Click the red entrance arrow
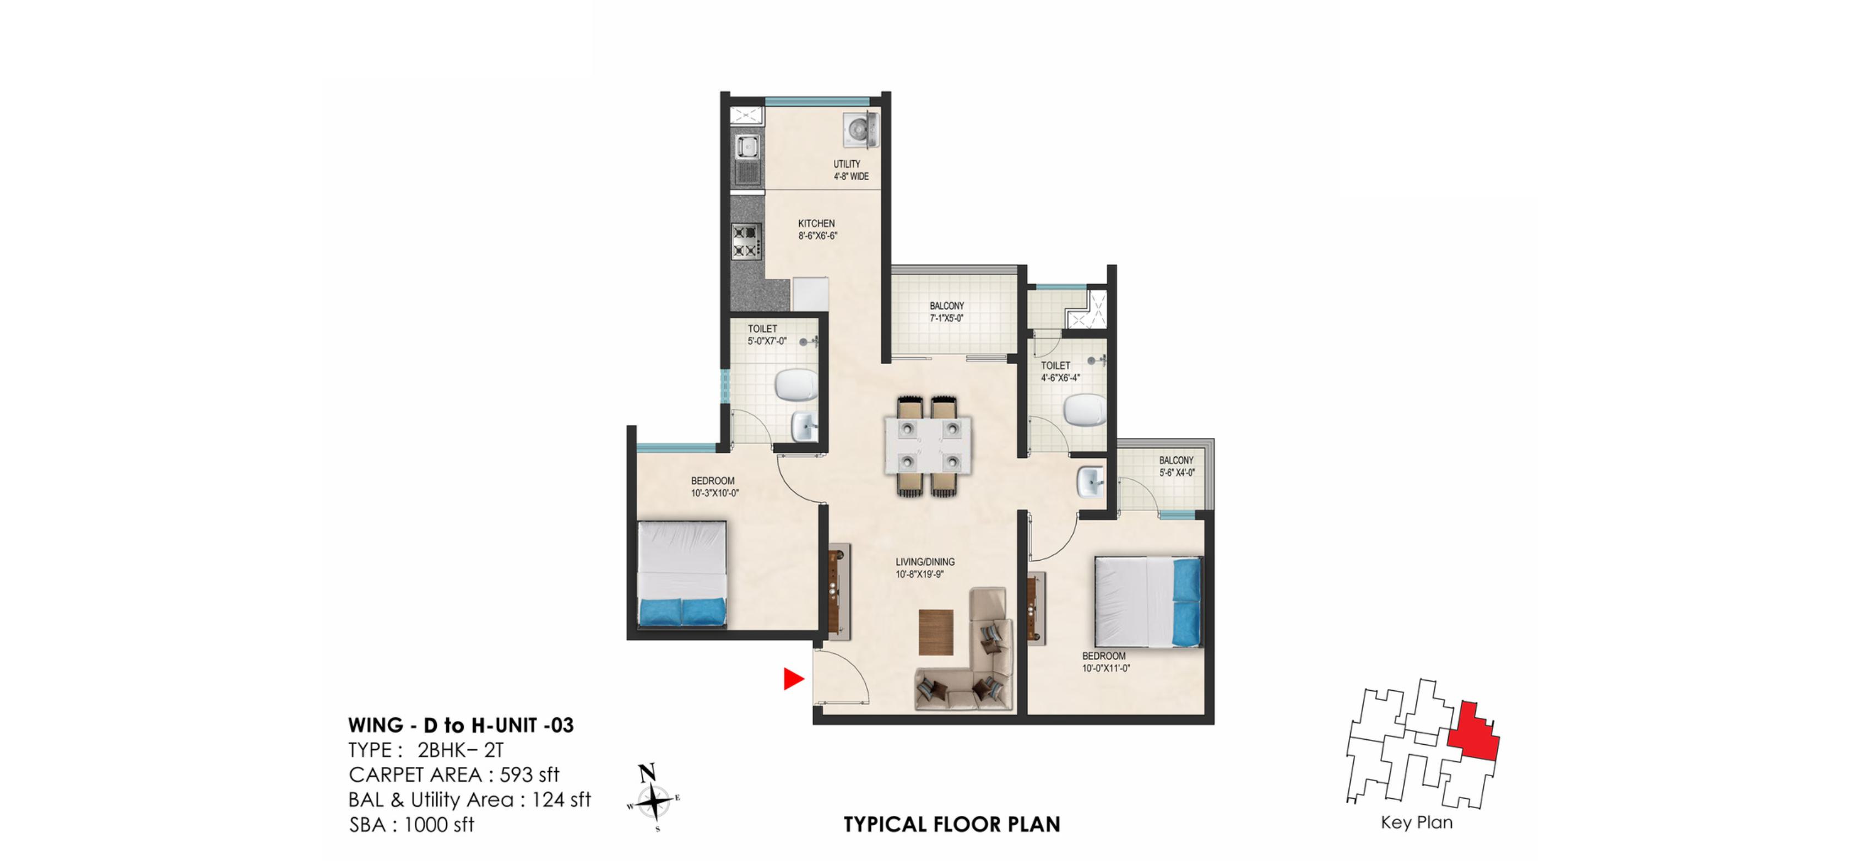point(793,679)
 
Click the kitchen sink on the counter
point(747,148)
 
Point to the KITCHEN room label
point(816,224)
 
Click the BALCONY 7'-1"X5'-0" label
point(946,312)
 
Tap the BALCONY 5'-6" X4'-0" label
point(1177,466)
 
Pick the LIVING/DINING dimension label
point(924,568)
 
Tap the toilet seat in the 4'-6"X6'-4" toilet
point(1084,410)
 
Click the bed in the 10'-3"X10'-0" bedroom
point(682,574)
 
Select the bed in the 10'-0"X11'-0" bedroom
point(1147,601)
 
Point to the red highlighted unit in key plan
point(1473,733)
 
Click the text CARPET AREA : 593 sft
point(454,775)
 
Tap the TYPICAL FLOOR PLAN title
point(952,824)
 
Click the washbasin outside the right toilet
point(1090,482)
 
